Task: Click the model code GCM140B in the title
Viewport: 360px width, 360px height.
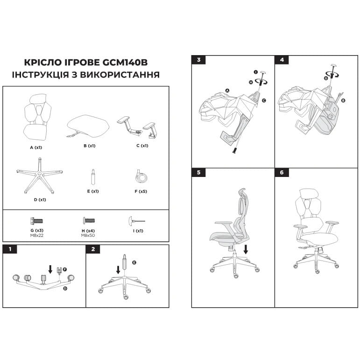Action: click(x=125, y=63)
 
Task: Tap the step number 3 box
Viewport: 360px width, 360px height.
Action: click(x=198, y=60)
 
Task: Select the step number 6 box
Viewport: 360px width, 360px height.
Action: click(x=282, y=172)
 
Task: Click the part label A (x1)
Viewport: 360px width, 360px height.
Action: click(x=36, y=148)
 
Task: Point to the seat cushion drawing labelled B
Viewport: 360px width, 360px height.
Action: click(x=88, y=126)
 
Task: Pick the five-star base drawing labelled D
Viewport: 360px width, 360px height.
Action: click(x=40, y=176)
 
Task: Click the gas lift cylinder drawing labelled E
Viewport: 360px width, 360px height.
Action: click(x=93, y=177)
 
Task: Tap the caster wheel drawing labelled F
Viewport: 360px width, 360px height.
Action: click(x=141, y=176)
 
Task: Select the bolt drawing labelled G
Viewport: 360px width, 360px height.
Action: click(x=37, y=221)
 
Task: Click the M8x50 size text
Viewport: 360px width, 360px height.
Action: click(x=88, y=235)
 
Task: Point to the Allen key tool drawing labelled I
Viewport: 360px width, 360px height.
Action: click(x=137, y=221)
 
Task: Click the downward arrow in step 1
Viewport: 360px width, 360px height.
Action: click(x=50, y=269)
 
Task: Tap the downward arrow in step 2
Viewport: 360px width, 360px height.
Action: click(x=118, y=270)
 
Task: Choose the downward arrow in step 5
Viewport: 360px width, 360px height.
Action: click(x=246, y=249)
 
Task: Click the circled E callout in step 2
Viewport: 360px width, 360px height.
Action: click(x=134, y=262)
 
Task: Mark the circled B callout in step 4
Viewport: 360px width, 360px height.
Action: click(x=343, y=100)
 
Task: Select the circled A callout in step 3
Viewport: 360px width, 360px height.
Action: click(x=227, y=91)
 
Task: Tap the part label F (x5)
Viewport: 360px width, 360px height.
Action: click(x=141, y=191)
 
